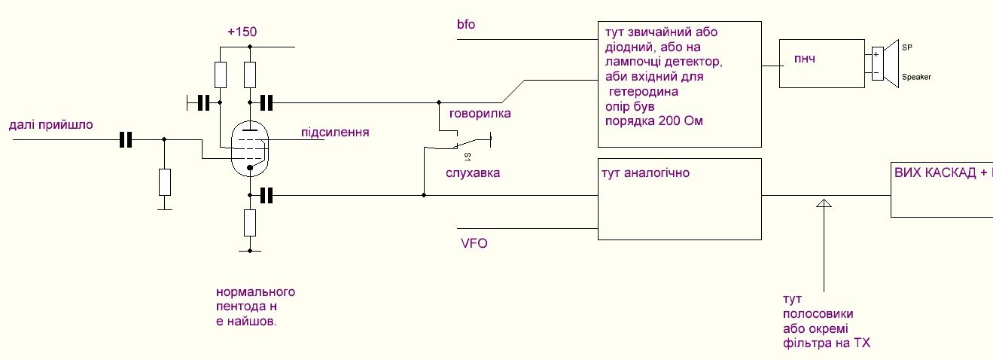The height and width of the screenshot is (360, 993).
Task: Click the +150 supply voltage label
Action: tap(242, 33)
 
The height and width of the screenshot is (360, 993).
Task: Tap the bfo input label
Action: tap(465, 25)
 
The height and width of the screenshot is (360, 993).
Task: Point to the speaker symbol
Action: tap(890, 64)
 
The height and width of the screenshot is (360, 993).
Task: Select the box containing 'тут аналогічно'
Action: tap(679, 199)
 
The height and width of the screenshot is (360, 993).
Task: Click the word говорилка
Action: tap(480, 114)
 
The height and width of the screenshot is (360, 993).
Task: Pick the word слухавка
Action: tap(473, 172)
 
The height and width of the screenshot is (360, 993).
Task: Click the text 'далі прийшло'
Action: tap(51, 125)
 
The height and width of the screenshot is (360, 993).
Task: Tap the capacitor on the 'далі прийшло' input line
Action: tap(125, 139)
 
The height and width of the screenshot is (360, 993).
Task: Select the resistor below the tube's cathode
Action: tap(251, 222)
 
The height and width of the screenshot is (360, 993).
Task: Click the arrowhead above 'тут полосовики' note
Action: tap(824, 203)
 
